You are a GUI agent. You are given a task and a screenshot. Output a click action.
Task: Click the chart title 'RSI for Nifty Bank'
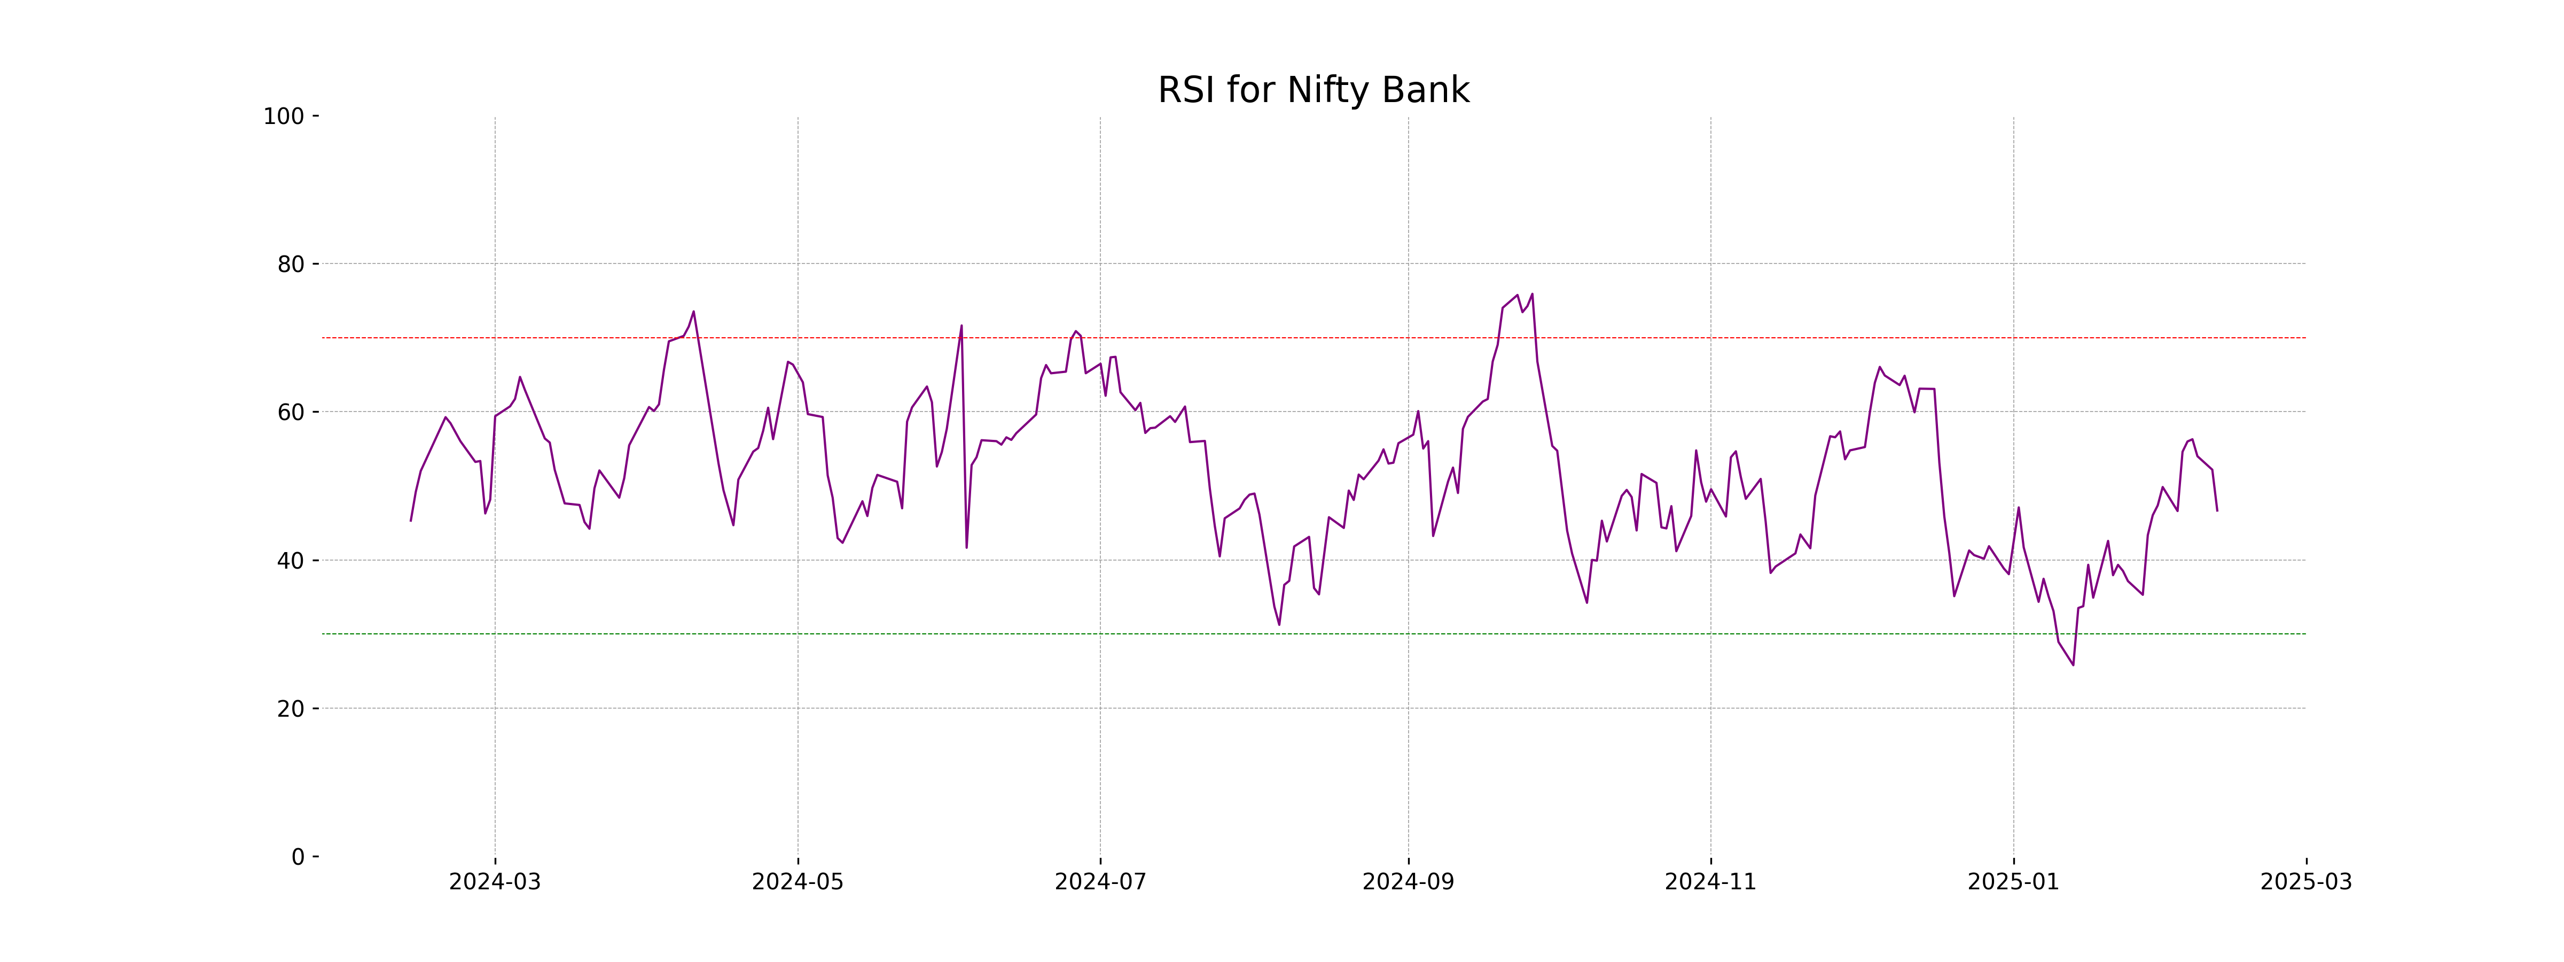pyautogui.click(x=1313, y=91)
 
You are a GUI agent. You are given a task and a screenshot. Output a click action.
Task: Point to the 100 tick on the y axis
pyautogui.click(x=284, y=117)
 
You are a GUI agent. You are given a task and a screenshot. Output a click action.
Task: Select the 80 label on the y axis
pyautogui.click(x=291, y=265)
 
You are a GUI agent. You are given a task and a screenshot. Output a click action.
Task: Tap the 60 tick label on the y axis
pyautogui.click(x=291, y=412)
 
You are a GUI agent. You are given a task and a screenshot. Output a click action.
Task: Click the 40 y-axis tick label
pyautogui.click(x=291, y=561)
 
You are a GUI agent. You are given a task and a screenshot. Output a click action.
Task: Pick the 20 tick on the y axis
pyautogui.click(x=291, y=709)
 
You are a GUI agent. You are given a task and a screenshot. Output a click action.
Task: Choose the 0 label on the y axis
pyautogui.click(x=298, y=857)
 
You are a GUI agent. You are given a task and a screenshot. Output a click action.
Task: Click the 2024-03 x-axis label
pyautogui.click(x=495, y=882)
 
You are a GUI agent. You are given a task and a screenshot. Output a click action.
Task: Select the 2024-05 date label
pyautogui.click(x=798, y=882)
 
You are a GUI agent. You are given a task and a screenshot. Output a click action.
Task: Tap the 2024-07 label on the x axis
pyautogui.click(x=1100, y=882)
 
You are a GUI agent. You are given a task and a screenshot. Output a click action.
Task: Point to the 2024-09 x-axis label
pyautogui.click(x=1408, y=882)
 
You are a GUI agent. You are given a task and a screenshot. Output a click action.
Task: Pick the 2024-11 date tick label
pyautogui.click(x=1710, y=882)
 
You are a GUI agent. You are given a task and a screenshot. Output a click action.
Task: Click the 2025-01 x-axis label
pyautogui.click(x=2013, y=882)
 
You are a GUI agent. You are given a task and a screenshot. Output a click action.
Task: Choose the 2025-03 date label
pyautogui.click(x=2305, y=882)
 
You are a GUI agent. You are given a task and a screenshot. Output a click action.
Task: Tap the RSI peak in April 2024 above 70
pyautogui.click(x=694, y=312)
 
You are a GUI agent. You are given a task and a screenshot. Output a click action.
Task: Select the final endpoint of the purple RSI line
pyautogui.click(x=2217, y=511)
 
